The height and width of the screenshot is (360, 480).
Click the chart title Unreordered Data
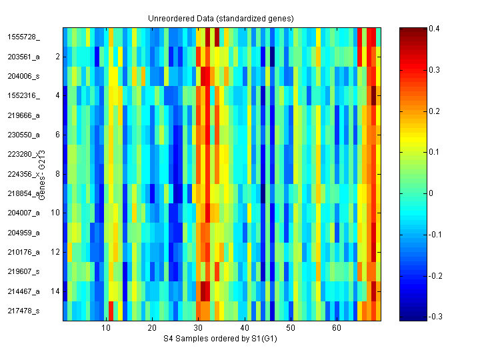click(221, 18)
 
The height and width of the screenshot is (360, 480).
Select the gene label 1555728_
click(23, 37)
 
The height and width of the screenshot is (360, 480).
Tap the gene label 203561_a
click(23, 57)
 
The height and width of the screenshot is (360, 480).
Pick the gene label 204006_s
click(23, 76)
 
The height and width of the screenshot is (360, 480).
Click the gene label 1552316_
click(23, 96)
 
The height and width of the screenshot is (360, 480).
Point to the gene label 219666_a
click(23, 115)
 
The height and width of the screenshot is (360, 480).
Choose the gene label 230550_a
click(23, 135)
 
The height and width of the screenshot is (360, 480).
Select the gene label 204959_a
click(23, 233)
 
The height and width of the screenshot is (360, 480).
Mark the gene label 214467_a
click(23, 291)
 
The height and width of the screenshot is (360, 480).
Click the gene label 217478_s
click(23, 311)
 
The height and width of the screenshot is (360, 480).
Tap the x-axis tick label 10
click(106, 329)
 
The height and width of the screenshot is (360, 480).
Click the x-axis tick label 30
click(198, 329)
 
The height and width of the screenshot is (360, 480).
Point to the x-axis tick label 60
click(337, 329)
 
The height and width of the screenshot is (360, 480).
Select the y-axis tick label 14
click(55, 291)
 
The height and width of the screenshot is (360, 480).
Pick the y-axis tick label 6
click(57, 135)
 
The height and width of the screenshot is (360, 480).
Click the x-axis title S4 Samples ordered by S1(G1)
click(221, 340)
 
